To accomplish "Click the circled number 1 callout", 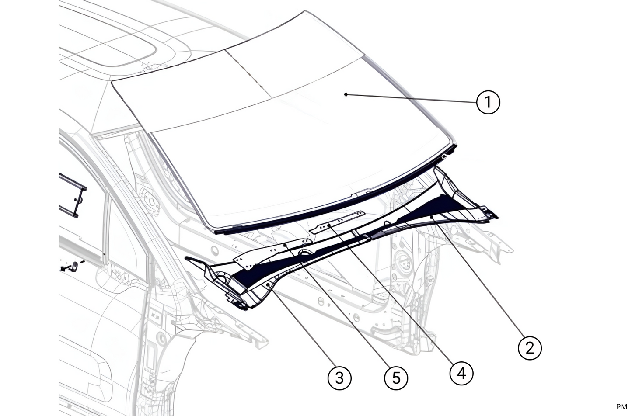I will [x=487, y=102].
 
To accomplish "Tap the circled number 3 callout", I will [x=339, y=377].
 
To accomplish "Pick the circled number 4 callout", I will [x=461, y=373].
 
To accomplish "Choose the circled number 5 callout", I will [x=396, y=378].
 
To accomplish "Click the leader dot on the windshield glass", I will [x=346, y=94].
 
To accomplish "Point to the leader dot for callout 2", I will [x=432, y=216].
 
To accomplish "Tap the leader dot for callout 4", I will [x=329, y=225].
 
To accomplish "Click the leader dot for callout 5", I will [x=286, y=246].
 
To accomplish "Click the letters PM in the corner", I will [x=621, y=407].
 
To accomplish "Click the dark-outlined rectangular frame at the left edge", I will [x=72, y=194].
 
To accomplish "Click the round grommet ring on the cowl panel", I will [x=303, y=253].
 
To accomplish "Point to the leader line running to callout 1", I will [x=411, y=98].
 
